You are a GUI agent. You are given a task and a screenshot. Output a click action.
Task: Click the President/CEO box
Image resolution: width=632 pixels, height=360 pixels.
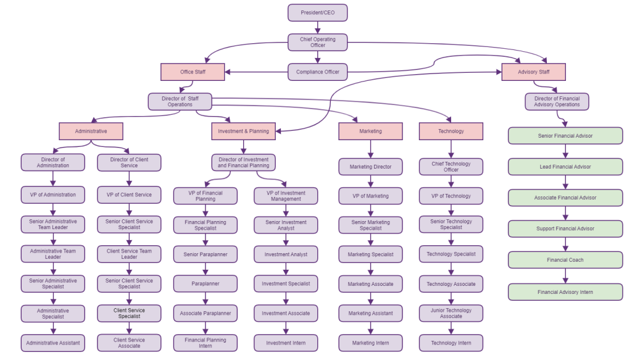point(317,12)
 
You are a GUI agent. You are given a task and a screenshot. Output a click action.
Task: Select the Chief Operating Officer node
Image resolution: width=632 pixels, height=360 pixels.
point(317,42)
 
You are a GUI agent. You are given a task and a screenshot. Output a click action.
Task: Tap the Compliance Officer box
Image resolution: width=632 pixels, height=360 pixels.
point(317,72)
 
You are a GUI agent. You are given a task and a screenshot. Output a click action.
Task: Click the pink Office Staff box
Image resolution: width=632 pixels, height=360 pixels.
point(193,72)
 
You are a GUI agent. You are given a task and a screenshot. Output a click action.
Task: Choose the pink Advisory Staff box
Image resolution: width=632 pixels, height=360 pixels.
point(534,72)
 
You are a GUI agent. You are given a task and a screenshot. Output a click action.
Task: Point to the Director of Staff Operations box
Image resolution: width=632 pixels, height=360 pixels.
point(180,101)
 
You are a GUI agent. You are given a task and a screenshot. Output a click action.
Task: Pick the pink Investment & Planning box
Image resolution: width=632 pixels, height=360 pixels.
point(243,131)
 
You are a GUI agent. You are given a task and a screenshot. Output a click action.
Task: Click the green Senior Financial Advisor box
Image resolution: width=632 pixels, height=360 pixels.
point(565,136)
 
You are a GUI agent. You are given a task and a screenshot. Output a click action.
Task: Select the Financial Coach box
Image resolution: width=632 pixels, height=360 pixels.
point(565,260)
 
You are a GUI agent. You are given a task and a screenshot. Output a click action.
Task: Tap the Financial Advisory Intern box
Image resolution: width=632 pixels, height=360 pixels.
point(565,292)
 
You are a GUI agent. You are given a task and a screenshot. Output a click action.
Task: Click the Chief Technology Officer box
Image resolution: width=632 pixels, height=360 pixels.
point(451,167)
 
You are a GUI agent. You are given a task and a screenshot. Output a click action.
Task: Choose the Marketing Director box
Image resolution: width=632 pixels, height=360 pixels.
point(370,167)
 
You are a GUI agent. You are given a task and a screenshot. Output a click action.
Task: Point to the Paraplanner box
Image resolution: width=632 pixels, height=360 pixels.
point(205,284)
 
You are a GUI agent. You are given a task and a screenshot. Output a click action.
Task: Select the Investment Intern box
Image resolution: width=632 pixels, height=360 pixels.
point(286,343)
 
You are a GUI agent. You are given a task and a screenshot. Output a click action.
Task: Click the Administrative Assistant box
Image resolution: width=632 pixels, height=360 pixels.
point(52,343)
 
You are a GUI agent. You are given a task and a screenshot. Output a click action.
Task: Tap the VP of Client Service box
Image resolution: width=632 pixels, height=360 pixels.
point(129,195)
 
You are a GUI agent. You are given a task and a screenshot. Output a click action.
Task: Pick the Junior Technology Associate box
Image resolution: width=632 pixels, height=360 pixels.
point(451,313)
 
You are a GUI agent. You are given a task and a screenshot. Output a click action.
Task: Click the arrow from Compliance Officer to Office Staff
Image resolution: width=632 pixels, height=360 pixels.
point(256,72)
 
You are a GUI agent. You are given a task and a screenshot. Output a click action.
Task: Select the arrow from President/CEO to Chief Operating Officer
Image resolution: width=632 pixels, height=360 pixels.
point(317,27)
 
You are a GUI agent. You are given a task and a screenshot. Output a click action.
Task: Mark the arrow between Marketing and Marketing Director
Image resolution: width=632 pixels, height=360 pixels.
point(370,149)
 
